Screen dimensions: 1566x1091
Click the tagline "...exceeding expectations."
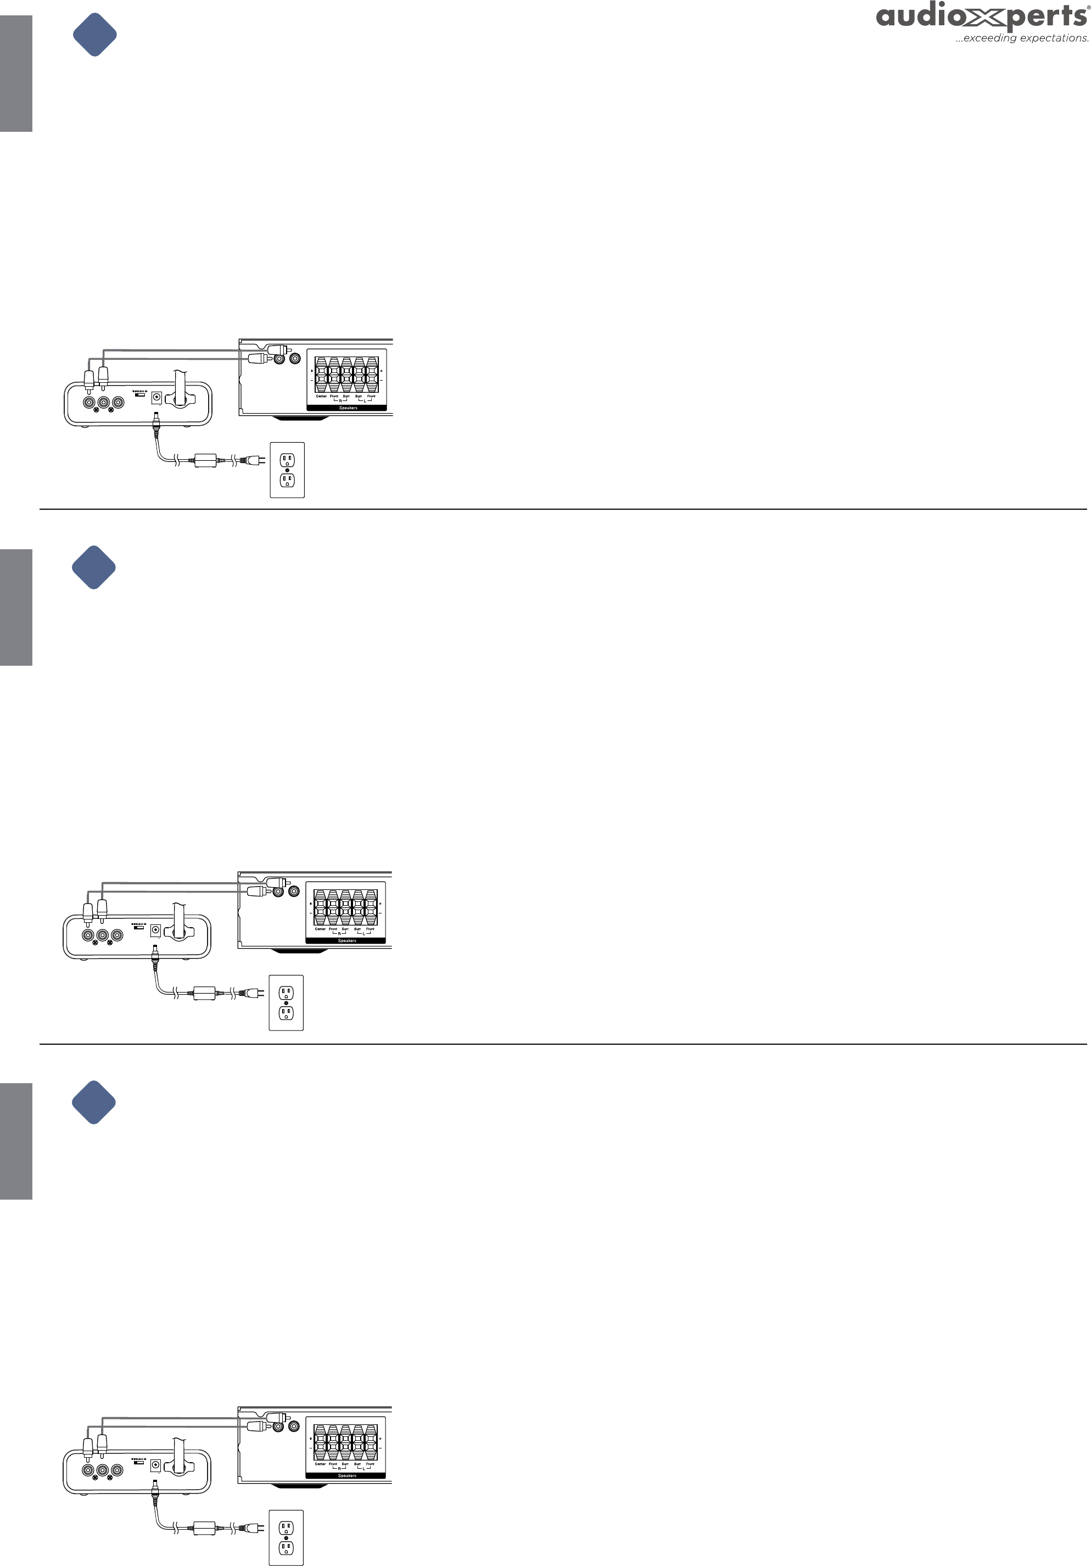click(1021, 39)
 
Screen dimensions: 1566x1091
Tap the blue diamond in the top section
click(95, 35)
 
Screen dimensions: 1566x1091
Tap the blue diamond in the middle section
click(94, 567)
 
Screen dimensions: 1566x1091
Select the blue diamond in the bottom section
click(94, 1102)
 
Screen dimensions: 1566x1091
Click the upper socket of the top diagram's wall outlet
click(287, 460)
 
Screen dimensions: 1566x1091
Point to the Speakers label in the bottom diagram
click(347, 1475)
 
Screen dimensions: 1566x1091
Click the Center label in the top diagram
click(321, 396)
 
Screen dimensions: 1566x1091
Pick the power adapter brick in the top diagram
click(206, 460)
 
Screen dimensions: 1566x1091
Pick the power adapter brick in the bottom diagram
click(205, 1528)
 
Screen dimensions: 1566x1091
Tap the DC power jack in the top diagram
click(156, 397)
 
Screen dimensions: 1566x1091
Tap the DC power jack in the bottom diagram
click(155, 1464)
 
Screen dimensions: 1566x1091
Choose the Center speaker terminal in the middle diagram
click(320, 907)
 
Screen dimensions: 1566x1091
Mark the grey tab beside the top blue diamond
click(16, 74)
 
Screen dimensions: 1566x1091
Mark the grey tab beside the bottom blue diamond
click(16, 1141)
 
